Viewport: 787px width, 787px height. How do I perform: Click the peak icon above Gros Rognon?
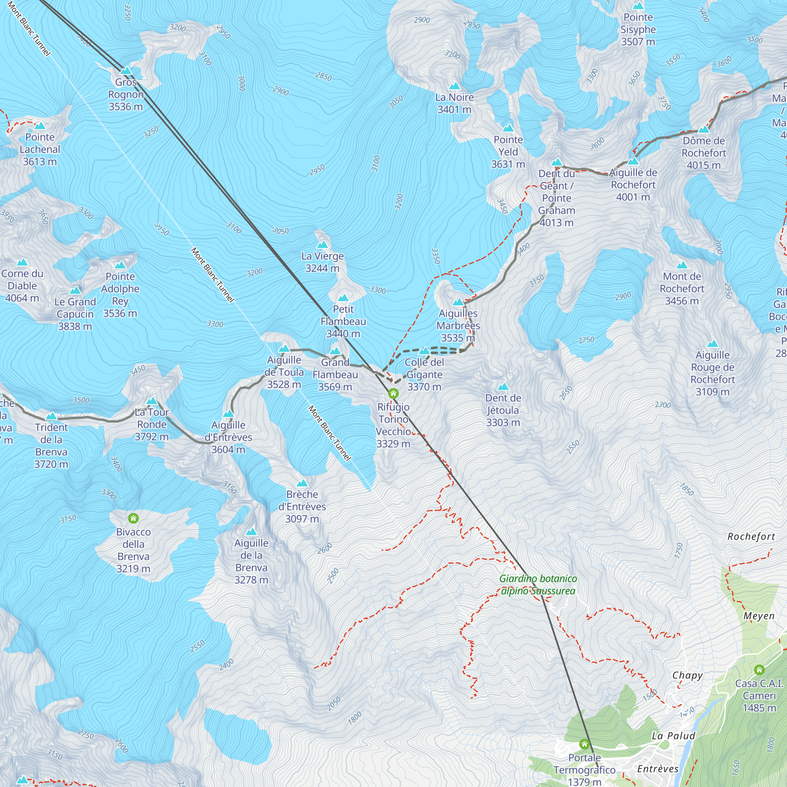tap(126, 71)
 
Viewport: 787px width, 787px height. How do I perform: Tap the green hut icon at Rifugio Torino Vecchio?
tap(393, 393)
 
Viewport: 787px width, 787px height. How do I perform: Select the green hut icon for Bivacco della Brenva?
tap(133, 518)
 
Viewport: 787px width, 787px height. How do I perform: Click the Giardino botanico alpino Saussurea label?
tap(538, 585)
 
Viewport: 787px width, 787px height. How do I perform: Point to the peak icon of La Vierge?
tap(322, 244)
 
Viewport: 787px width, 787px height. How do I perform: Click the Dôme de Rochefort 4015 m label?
tap(704, 153)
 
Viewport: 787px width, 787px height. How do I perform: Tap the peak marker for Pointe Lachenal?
tap(40, 126)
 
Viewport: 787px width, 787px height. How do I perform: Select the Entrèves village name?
tap(658, 769)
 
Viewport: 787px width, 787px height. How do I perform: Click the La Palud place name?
tap(673, 736)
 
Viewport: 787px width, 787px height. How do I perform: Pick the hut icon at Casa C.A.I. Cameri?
tap(759, 670)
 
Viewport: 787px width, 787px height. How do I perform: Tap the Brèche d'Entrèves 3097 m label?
tap(302, 506)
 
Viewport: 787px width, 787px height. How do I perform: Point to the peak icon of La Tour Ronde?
tap(152, 401)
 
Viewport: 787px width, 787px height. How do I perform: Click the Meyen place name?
tap(759, 616)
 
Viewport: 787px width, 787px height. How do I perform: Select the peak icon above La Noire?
tap(454, 86)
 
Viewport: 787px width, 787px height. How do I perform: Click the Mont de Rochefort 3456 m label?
tap(682, 288)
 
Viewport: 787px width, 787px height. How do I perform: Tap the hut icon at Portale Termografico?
tap(584, 744)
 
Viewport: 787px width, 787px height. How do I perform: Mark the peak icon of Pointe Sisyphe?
tap(638, 6)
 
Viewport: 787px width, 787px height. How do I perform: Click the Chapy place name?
tap(687, 675)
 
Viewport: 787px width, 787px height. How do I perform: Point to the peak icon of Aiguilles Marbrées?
tap(458, 302)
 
